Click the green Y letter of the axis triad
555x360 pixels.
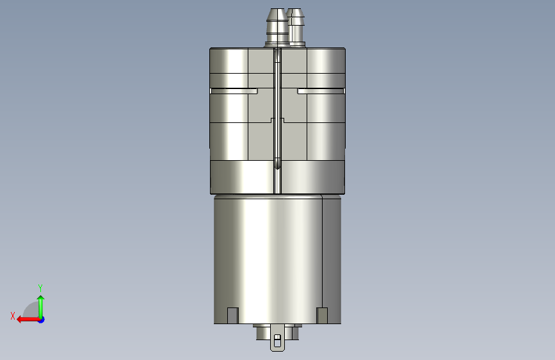pyautogui.click(x=40, y=288)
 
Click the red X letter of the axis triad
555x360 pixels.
pyautogui.click(x=13, y=316)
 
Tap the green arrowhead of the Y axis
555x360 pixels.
pyautogui.click(x=41, y=299)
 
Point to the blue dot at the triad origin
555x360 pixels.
pyautogui.click(x=41, y=320)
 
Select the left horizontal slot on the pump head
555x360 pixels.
pyautogui.click(x=234, y=91)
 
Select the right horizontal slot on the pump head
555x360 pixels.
pyautogui.click(x=321, y=91)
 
